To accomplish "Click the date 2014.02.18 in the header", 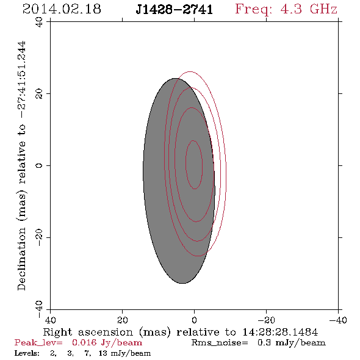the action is pos(62,9).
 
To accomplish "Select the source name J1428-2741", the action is pos(175,10).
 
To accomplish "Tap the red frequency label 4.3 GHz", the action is pos(309,9).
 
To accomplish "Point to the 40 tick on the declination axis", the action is pos(39,23).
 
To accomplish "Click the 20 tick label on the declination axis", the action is pos(39,94).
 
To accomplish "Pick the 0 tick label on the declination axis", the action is pos(39,165).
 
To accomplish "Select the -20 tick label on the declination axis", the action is pos(39,237).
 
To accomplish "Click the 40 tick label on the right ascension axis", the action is pos(50,320).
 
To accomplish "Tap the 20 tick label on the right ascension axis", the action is pos(123,320).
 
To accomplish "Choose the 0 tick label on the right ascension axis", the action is pos(194,320).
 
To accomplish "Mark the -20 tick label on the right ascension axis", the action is pos(266,320).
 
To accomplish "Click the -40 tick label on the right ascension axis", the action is pos(338,320).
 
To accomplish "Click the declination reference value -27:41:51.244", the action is pos(22,79).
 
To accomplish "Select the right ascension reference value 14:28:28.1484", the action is pos(280,332).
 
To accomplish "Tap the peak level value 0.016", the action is pos(84,342).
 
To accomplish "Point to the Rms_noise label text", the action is pos(220,343).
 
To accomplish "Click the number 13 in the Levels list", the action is pos(103,353).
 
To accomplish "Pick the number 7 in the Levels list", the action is pos(87,353).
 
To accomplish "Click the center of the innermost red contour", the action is pos(194,165).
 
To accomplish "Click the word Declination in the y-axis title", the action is pos(21,259).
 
